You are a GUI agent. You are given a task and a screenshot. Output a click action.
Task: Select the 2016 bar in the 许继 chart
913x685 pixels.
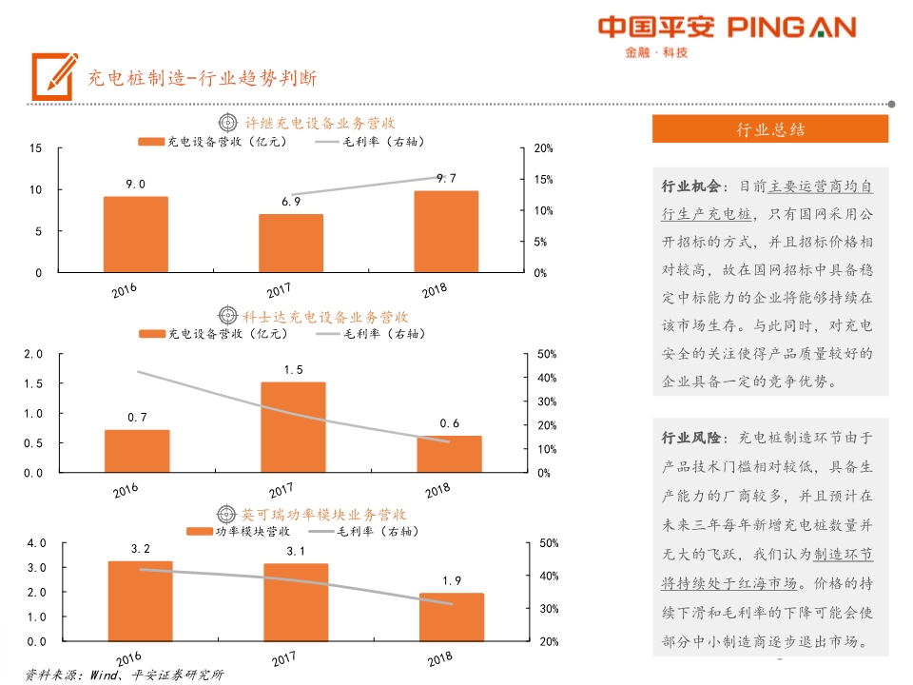click(x=135, y=234)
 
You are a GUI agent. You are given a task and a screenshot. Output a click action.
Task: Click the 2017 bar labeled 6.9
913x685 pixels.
click(x=291, y=243)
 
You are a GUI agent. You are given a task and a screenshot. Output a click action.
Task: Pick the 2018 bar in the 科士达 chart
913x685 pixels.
click(x=449, y=454)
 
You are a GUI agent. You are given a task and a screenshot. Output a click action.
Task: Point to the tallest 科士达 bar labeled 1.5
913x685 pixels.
click(x=293, y=427)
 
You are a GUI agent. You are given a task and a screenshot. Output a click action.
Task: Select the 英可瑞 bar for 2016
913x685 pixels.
click(x=141, y=601)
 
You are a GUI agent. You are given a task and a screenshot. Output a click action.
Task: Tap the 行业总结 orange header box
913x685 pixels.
click(x=770, y=129)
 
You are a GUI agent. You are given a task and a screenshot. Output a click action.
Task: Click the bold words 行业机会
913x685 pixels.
click(x=691, y=186)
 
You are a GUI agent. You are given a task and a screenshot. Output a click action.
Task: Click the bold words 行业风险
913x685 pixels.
click(x=691, y=438)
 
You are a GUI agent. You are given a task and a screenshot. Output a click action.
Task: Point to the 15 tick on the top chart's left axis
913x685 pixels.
click(x=36, y=148)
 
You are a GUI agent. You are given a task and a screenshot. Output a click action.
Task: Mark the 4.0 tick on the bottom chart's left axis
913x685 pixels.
click(x=37, y=543)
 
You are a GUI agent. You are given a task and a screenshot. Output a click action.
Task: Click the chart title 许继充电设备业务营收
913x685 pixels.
click(x=320, y=123)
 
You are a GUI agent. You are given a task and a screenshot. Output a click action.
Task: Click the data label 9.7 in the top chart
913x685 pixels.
click(x=446, y=178)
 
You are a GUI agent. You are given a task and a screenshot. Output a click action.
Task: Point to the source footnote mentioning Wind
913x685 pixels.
click(x=125, y=675)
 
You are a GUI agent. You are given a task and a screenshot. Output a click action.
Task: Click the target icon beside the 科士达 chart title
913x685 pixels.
click(x=227, y=315)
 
